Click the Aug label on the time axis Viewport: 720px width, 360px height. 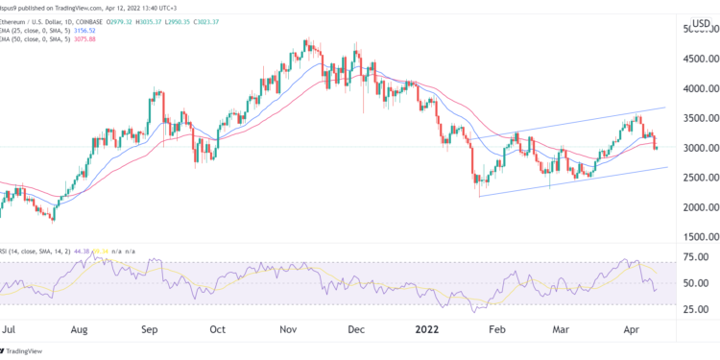(80, 328)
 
